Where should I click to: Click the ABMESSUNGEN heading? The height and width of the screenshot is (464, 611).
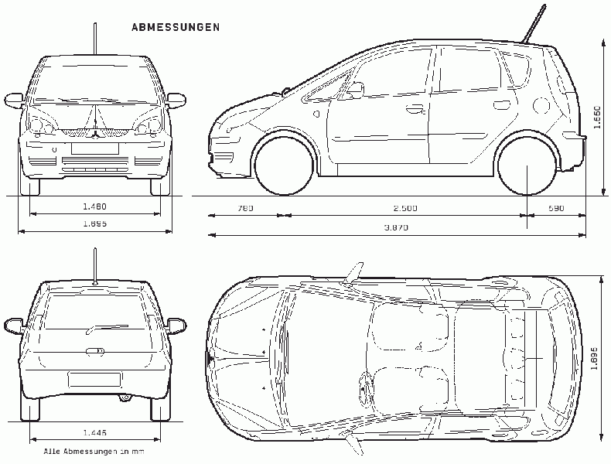(176, 27)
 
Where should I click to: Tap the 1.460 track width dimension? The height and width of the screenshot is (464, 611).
(94, 206)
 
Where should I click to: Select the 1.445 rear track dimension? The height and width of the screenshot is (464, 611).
(94, 432)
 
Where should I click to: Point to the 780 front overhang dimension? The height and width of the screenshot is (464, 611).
(245, 208)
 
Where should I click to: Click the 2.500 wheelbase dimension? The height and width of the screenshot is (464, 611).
(405, 208)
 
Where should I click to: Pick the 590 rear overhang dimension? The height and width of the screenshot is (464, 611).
(556, 208)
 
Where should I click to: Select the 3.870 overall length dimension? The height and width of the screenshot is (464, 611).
(396, 227)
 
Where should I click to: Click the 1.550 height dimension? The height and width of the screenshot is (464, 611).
(597, 117)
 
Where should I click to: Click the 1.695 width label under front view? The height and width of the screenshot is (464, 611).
(94, 223)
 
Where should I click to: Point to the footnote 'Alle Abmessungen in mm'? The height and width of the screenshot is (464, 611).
(94, 452)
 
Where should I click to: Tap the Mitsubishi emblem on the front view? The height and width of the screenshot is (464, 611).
(94, 135)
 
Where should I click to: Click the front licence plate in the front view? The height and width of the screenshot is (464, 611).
(94, 148)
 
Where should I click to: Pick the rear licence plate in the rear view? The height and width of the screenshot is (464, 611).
(94, 380)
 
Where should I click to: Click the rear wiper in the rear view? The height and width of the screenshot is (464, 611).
(106, 329)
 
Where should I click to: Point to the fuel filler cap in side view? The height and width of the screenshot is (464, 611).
(541, 105)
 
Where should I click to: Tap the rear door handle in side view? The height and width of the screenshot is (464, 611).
(501, 104)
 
